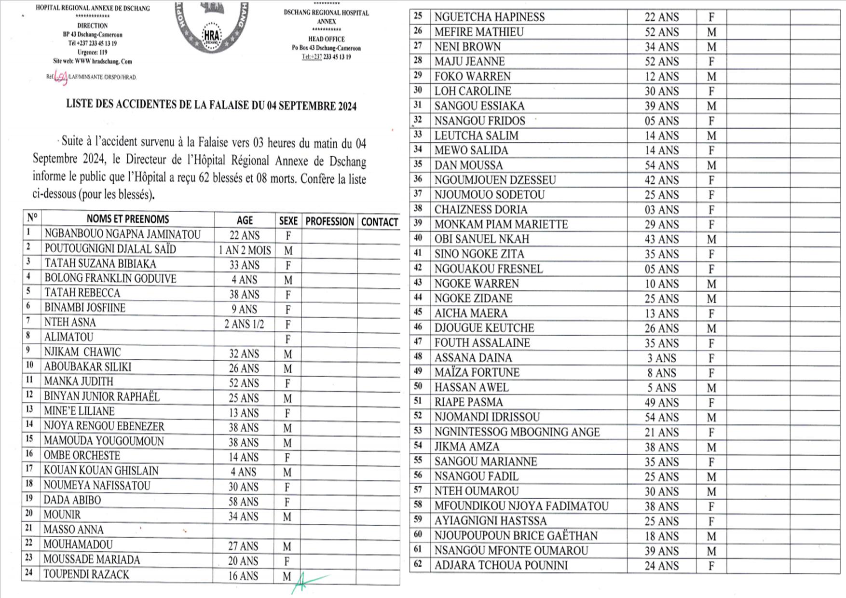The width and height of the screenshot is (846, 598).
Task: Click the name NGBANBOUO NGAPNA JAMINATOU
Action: pyautogui.click(x=123, y=235)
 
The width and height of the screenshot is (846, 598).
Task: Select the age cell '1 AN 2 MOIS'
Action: pyautogui.click(x=245, y=250)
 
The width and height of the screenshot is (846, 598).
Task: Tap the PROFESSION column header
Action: pyautogui.click(x=329, y=222)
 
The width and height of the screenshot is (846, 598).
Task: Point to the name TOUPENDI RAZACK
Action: pyautogui.click(x=86, y=575)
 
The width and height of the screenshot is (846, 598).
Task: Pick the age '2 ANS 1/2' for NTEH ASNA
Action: pyautogui.click(x=244, y=324)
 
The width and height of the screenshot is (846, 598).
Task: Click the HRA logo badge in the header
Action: pyautogui.click(x=211, y=36)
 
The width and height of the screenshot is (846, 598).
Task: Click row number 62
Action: pyautogui.click(x=418, y=565)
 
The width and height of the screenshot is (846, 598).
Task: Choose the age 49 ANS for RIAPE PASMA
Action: pyautogui.click(x=661, y=403)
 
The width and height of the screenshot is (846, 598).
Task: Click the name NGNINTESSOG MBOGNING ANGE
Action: pyautogui.click(x=517, y=432)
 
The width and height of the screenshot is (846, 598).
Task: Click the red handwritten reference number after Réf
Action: pyautogui.click(x=61, y=77)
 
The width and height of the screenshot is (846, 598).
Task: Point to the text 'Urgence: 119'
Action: pyautogui.click(x=92, y=52)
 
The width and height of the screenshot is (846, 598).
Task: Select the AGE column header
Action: pyautogui.click(x=245, y=220)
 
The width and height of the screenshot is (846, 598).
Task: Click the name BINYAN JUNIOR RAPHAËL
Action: pyautogui.click(x=101, y=397)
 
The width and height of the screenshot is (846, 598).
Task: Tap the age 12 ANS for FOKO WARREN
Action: pyautogui.click(x=661, y=77)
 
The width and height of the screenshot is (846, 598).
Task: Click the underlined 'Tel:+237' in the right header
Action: pyautogui.click(x=312, y=57)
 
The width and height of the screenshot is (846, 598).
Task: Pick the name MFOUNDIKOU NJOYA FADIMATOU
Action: pyautogui.click(x=521, y=506)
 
